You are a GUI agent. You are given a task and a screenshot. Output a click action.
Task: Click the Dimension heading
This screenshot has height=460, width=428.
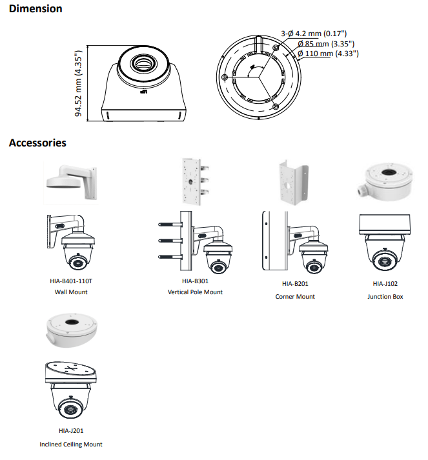(36, 9)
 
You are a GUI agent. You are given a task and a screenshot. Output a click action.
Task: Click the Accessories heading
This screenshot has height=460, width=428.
(37, 143)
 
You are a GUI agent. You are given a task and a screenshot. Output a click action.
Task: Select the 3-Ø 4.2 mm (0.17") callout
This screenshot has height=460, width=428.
(314, 34)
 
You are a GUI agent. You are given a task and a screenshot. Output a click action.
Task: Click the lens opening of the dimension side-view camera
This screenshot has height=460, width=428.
(142, 63)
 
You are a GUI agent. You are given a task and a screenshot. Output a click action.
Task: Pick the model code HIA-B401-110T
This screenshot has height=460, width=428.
(72, 281)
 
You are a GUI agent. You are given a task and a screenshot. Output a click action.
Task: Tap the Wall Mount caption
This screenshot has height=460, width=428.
(72, 292)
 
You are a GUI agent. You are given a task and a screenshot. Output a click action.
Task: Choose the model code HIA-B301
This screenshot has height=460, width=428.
(195, 281)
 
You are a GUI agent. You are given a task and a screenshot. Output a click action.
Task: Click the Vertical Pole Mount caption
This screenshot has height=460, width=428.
(195, 292)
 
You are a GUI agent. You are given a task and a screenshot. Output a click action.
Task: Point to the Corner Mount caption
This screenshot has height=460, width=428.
(295, 296)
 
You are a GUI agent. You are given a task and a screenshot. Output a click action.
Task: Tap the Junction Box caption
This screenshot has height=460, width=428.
(385, 296)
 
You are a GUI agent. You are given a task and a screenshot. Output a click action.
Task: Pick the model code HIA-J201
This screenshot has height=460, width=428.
(71, 430)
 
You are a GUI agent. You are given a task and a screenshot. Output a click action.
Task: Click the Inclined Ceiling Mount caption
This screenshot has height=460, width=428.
(71, 444)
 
